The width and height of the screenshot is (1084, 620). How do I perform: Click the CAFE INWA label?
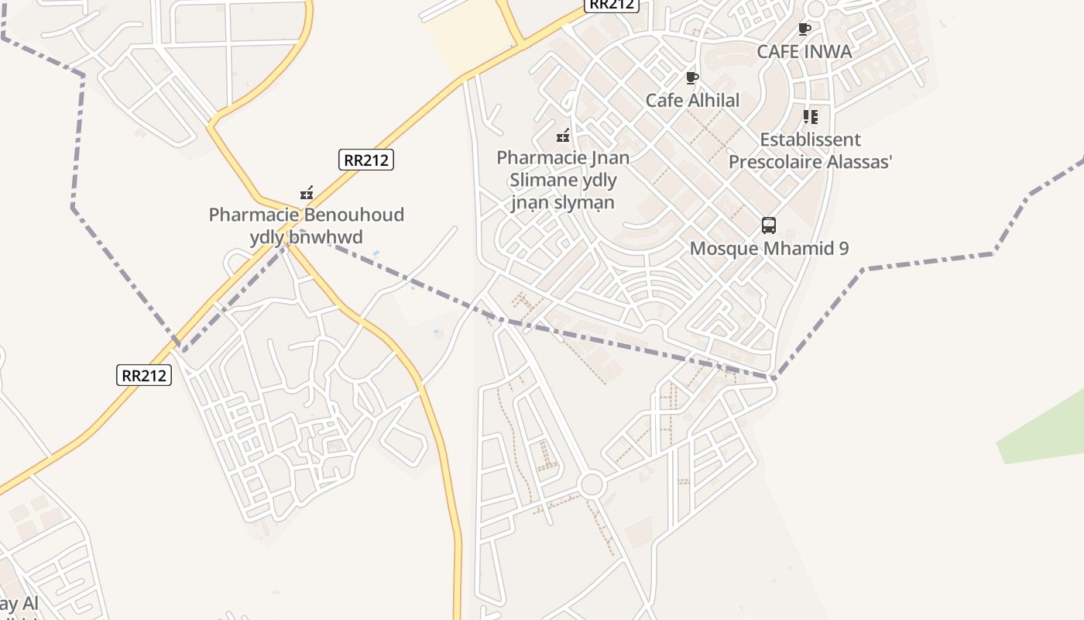[x=804, y=52]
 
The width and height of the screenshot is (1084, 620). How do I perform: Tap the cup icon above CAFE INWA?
[x=804, y=29]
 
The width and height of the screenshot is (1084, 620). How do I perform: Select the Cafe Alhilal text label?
[x=692, y=100]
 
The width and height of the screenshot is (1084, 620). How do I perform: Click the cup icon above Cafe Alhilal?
[x=692, y=77]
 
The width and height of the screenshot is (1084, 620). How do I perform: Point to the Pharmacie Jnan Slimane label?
[x=563, y=180]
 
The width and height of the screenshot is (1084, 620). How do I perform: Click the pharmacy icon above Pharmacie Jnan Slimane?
[x=563, y=136]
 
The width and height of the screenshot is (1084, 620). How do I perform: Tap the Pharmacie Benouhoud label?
[x=306, y=226]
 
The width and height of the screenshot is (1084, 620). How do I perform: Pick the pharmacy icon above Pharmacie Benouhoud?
[x=307, y=192]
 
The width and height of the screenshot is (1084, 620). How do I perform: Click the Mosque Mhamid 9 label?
[x=769, y=249]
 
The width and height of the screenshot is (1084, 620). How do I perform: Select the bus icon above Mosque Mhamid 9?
[x=768, y=226]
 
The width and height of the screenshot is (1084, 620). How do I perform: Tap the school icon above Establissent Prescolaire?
[x=810, y=117]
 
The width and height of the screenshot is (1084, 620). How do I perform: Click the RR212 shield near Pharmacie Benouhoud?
[x=366, y=160]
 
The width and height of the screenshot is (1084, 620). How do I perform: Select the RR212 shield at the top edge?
[x=611, y=5]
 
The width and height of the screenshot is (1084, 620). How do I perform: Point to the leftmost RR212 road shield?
[x=145, y=375]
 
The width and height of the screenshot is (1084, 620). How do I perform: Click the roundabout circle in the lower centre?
[x=591, y=485]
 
